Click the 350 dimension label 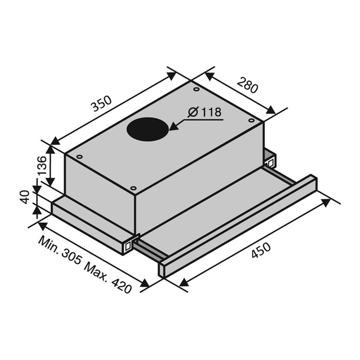pos(101,103)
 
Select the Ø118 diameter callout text pos(205,112)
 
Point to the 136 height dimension pos(42,166)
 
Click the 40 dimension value pos(25,197)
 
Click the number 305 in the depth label pos(72,257)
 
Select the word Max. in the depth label pos(96,270)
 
